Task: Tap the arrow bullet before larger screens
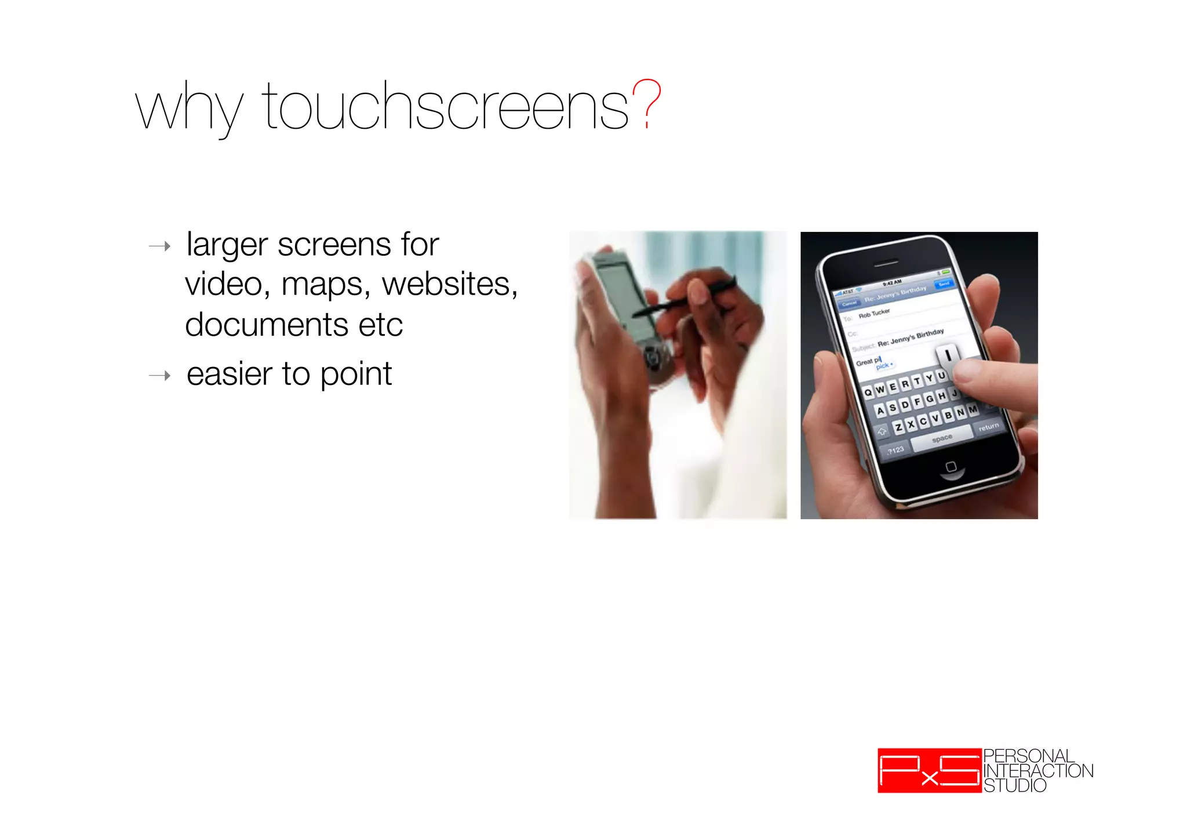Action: click(x=160, y=246)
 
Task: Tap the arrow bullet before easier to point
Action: click(x=160, y=376)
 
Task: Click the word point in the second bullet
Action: click(x=356, y=375)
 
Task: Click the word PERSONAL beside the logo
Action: click(x=1029, y=756)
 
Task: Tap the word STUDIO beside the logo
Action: click(x=1015, y=786)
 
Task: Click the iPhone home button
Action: click(x=951, y=467)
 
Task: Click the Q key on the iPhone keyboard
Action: click(x=868, y=393)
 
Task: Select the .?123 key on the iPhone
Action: click(x=895, y=451)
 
